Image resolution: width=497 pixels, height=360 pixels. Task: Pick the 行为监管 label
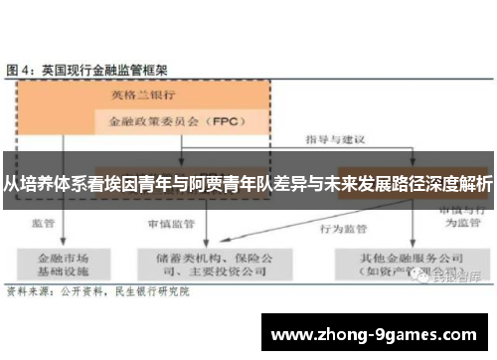coord(338,228)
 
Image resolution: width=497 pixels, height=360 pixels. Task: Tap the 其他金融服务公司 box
coord(402,263)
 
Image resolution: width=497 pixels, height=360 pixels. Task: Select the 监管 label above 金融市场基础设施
coord(43,224)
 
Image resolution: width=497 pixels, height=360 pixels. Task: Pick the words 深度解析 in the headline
coord(456,183)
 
